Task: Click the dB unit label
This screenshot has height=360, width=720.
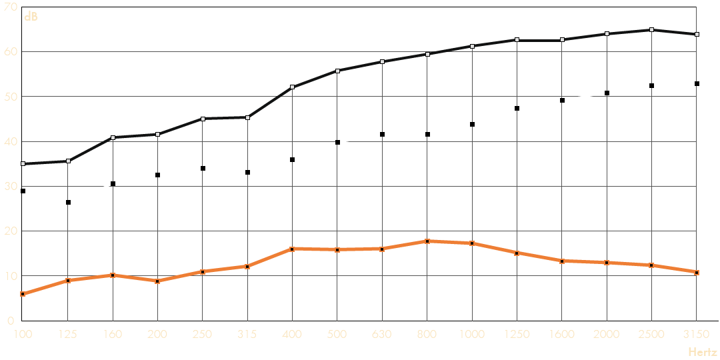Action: pos(31,17)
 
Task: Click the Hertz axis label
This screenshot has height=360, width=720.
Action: pos(703,351)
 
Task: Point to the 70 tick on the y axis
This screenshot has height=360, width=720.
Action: pos(10,7)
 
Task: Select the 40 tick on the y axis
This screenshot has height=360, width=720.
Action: pos(10,141)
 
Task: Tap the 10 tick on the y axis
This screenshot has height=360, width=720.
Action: pos(10,275)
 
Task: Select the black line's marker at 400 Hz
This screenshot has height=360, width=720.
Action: pos(292,87)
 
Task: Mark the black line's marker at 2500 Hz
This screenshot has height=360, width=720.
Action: pos(651,29)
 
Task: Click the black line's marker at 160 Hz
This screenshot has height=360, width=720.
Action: pos(113,137)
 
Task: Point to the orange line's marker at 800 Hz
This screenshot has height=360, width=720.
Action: pos(427,241)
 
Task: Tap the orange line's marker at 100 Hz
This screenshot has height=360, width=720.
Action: pos(23,293)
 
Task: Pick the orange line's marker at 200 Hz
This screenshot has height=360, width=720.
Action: pos(157,281)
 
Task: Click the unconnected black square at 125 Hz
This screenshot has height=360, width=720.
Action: pos(68,202)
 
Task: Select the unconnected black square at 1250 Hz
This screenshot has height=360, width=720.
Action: pos(517,108)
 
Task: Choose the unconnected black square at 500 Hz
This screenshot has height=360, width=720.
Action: pos(337,142)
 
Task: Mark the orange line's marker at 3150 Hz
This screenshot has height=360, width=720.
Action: pos(697,272)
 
